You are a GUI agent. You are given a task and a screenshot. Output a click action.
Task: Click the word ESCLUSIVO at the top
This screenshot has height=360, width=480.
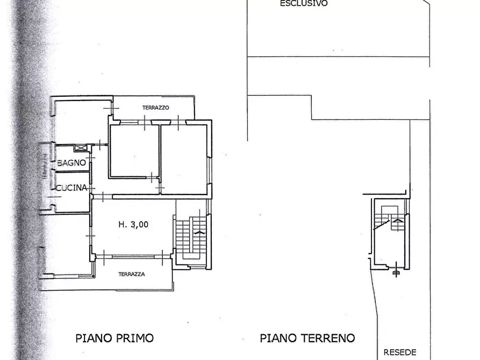[304, 3]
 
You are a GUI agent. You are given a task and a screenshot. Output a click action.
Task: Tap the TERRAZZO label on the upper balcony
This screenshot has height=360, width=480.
[156, 107]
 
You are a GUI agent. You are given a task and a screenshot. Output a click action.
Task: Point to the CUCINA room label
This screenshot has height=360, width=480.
[71, 188]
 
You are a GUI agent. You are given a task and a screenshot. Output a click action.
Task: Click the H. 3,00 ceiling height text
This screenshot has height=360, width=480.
[133, 225]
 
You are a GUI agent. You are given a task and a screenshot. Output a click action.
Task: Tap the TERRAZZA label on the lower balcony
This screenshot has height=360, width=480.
[132, 274]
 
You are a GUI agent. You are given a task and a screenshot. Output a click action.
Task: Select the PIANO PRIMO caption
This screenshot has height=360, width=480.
[113, 338]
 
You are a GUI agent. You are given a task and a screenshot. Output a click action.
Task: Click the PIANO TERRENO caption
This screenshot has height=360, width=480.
[307, 338]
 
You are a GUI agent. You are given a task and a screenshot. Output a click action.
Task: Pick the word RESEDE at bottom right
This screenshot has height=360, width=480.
[400, 353]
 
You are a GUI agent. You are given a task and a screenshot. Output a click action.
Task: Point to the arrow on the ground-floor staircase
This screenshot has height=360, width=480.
[397, 220]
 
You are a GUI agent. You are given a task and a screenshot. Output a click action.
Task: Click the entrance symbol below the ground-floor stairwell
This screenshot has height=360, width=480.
[397, 272]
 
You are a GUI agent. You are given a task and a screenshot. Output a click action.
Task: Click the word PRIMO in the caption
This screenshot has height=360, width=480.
[134, 338]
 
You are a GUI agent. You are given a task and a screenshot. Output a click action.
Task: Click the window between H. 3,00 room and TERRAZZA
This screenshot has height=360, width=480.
[129, 257]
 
